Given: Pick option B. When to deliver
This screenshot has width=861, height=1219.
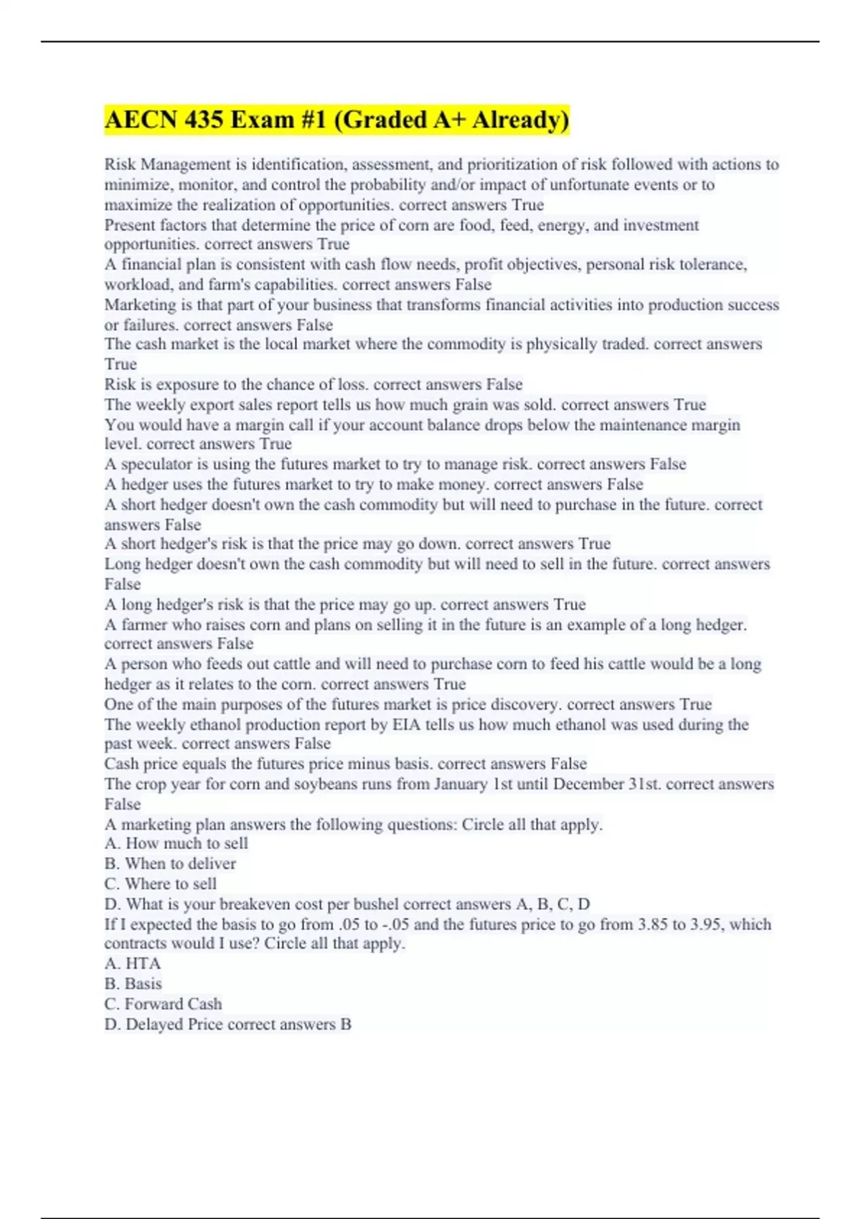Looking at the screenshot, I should click(170, 863).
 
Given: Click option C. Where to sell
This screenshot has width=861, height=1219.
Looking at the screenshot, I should click(160, 883).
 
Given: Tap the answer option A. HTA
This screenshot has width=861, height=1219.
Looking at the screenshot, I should click(133, 964).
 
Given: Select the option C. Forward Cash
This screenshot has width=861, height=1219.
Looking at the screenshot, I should click(163, 1004).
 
